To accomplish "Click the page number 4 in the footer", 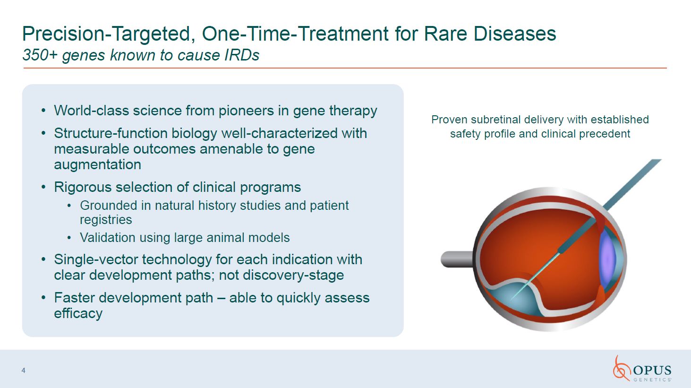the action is [24, 371].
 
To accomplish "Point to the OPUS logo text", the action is [652, 370].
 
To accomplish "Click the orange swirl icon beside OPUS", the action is [621, 369].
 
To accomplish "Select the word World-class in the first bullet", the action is [91, 111].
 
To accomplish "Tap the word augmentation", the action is [97, 164].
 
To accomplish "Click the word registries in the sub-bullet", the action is [106, 220].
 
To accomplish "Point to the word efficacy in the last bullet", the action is [78, 314].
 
